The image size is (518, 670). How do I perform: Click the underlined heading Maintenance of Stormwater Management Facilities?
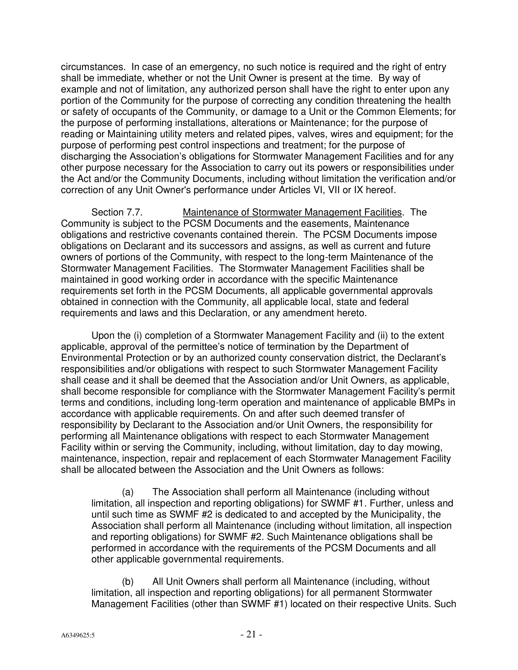[x=292, y=212]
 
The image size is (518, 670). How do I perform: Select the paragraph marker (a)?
[x=128, y=492]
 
